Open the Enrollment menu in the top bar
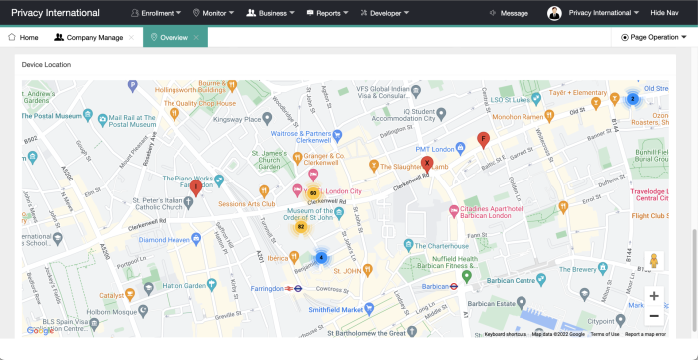[156, 13]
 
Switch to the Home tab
[23, 37]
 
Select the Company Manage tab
[89, 37]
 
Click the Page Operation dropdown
[654, 37]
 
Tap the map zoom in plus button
[653, 296]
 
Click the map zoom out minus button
[653, 316]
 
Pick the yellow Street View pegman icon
[653, 261]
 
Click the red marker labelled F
[484, 138]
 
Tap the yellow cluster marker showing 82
[300, 227]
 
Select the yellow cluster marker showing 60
[313, 193]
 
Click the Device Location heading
[46, 64]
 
